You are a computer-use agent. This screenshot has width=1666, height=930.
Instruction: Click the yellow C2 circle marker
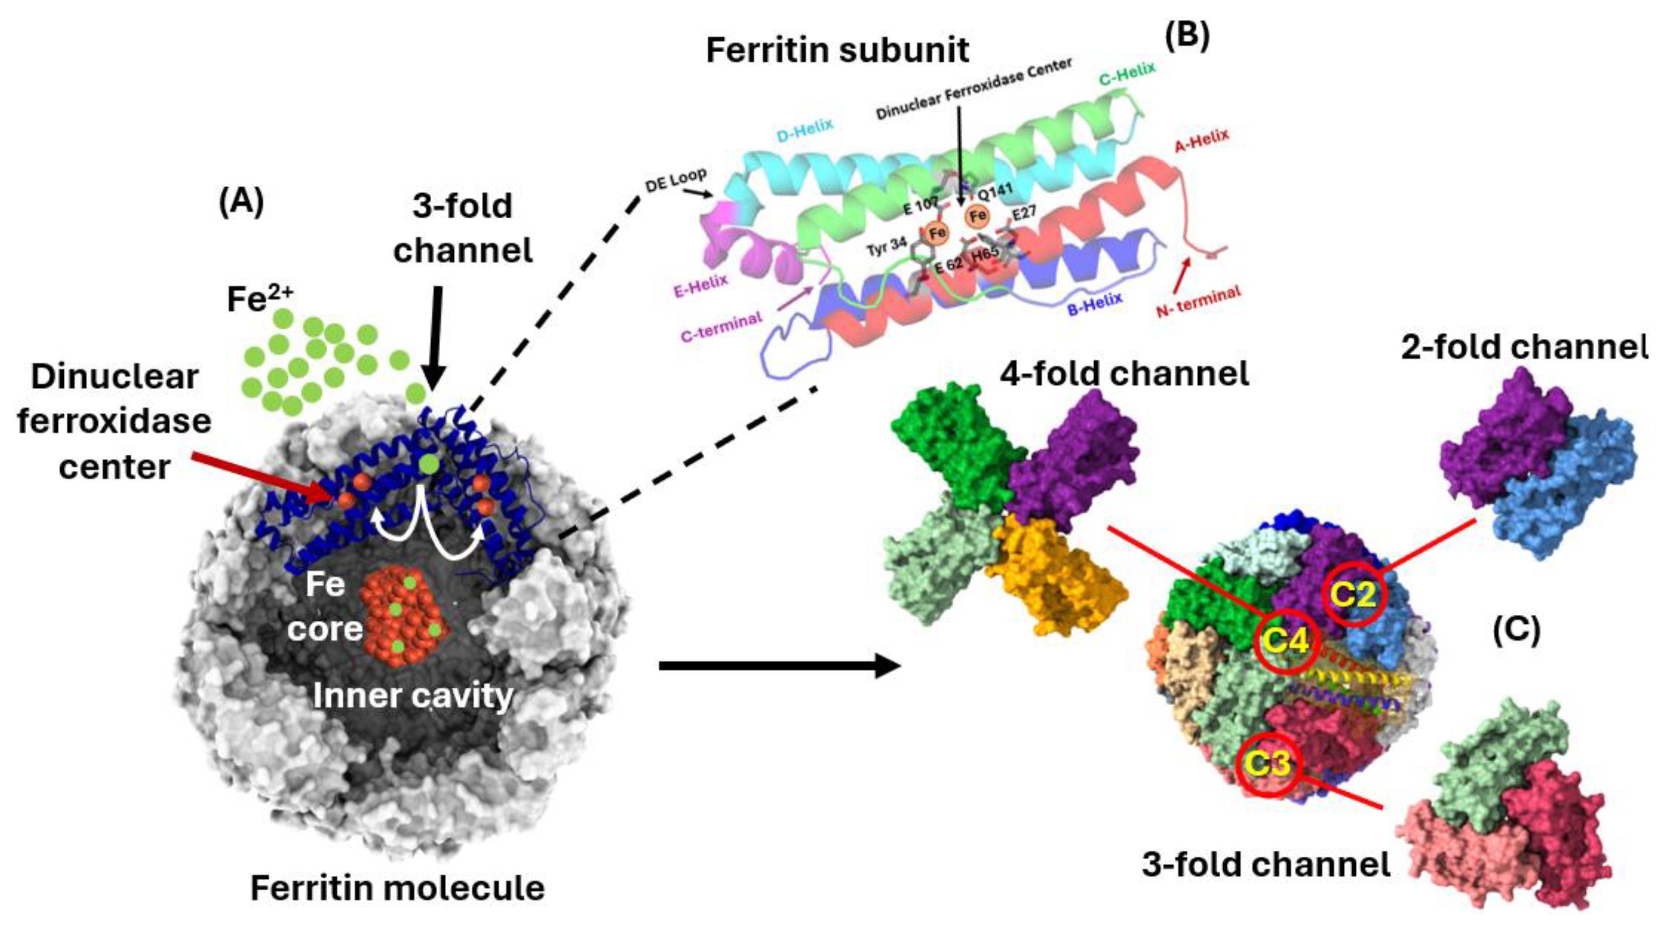(1354, 594)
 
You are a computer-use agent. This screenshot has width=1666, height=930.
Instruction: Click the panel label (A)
(241, 203)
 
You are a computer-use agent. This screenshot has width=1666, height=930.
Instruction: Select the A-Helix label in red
(1201, 141)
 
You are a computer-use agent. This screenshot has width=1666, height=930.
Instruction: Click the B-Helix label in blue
(1094, 303)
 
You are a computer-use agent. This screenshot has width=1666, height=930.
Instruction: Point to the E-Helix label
(700, 285)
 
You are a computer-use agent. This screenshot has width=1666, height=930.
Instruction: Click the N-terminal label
(1198, 301)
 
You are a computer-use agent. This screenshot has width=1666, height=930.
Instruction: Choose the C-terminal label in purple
(721, 327)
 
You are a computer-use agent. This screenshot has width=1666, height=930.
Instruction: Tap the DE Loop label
(675, 180)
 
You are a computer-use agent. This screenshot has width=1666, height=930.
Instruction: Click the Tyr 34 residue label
(886, 247)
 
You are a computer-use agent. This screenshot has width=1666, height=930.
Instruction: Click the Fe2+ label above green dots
(260, 299)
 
